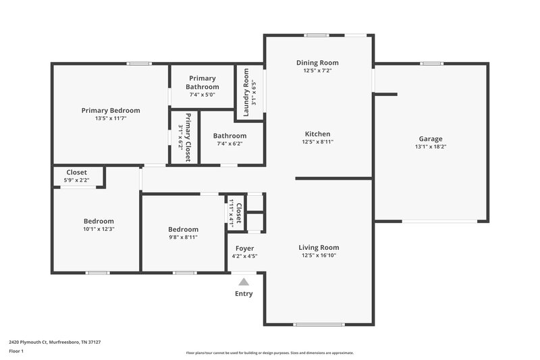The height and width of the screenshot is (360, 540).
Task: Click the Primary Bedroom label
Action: (x=111, y=110)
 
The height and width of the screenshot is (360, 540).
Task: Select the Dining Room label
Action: (x=317, y=62)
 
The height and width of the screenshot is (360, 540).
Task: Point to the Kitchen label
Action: (x=317, y=134)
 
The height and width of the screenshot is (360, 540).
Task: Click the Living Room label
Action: (x=319, y=247)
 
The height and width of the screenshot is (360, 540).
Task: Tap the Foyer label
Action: (x=244, y=248)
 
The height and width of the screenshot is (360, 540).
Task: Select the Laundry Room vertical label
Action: (x=246, y=92)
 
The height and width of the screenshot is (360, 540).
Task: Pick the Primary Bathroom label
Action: (x=202, y=82)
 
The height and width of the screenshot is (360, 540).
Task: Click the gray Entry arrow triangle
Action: (x=244, y=282)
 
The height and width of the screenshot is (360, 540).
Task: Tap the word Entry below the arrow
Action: (x=244, y=294)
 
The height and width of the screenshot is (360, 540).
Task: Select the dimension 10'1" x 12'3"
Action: (x=99, y=229)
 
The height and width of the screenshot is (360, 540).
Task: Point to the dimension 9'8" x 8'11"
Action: (x=183, y=237)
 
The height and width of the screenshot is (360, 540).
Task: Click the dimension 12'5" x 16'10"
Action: (x=319, y=255)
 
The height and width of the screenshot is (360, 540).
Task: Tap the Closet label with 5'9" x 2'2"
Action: (x=76, y=172)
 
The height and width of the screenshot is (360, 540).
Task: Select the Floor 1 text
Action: (x=16, y=351)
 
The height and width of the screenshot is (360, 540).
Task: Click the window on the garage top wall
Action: (x=431, y=63)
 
